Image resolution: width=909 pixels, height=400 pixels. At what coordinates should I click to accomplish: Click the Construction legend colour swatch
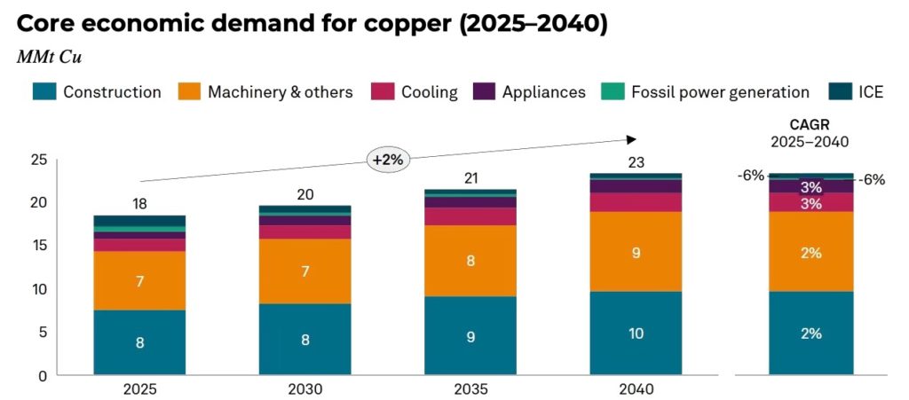coord(44,91)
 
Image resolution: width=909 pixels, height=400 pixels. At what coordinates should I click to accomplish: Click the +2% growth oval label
coord(388,160)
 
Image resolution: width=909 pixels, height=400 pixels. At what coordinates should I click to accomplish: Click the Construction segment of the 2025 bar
coord(139,342)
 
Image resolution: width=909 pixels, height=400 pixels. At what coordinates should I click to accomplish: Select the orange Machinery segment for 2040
coord(636,252)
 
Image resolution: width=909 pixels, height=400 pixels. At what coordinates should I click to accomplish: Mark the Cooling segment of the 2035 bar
coord(470,216)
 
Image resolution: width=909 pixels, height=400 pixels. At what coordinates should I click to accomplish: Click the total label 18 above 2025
coord(139,204)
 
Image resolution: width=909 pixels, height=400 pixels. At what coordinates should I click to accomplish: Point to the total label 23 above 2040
coord(636,162)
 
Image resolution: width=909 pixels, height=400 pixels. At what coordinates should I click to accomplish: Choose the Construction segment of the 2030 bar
coord(304,339)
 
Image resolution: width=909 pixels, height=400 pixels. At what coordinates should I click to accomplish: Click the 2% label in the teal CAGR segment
coord(810,333)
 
